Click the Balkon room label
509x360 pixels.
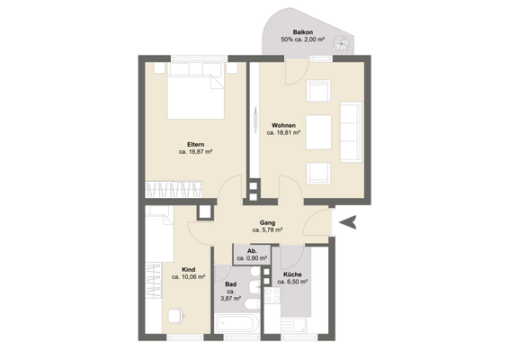coord(303,32)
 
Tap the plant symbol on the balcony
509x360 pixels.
coord(343,43)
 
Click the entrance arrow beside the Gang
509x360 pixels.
coord(348,222)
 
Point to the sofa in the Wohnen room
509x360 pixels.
coord(351,132)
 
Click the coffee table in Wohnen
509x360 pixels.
coord(318,132)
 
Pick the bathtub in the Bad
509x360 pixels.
coord(237,323)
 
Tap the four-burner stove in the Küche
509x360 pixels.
coord(272,295)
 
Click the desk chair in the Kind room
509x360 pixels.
coord(176,316)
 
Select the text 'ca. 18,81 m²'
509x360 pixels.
coord(283,132)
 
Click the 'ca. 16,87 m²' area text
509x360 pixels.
coord(195,152)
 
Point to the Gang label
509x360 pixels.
coord(267,222)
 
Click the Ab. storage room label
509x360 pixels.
coord(252,251)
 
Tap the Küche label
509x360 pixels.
coord(292,274)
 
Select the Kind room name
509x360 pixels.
coord(189,270)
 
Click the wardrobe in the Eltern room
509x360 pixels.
coord(174,189)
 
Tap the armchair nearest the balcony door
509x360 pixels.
coord(318,91)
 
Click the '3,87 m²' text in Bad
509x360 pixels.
coord(230,298)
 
